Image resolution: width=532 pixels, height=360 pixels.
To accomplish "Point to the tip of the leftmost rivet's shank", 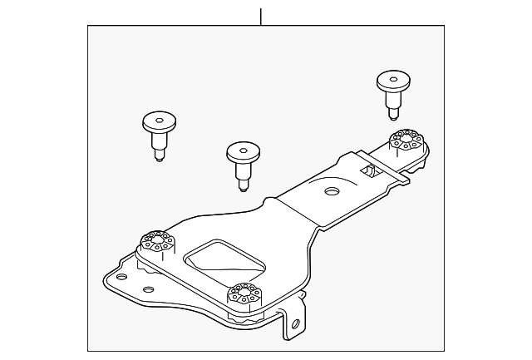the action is (158, 160).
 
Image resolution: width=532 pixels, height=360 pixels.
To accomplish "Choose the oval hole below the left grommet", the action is (149, 289).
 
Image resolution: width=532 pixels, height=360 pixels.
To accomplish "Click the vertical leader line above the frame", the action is (261, 16).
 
